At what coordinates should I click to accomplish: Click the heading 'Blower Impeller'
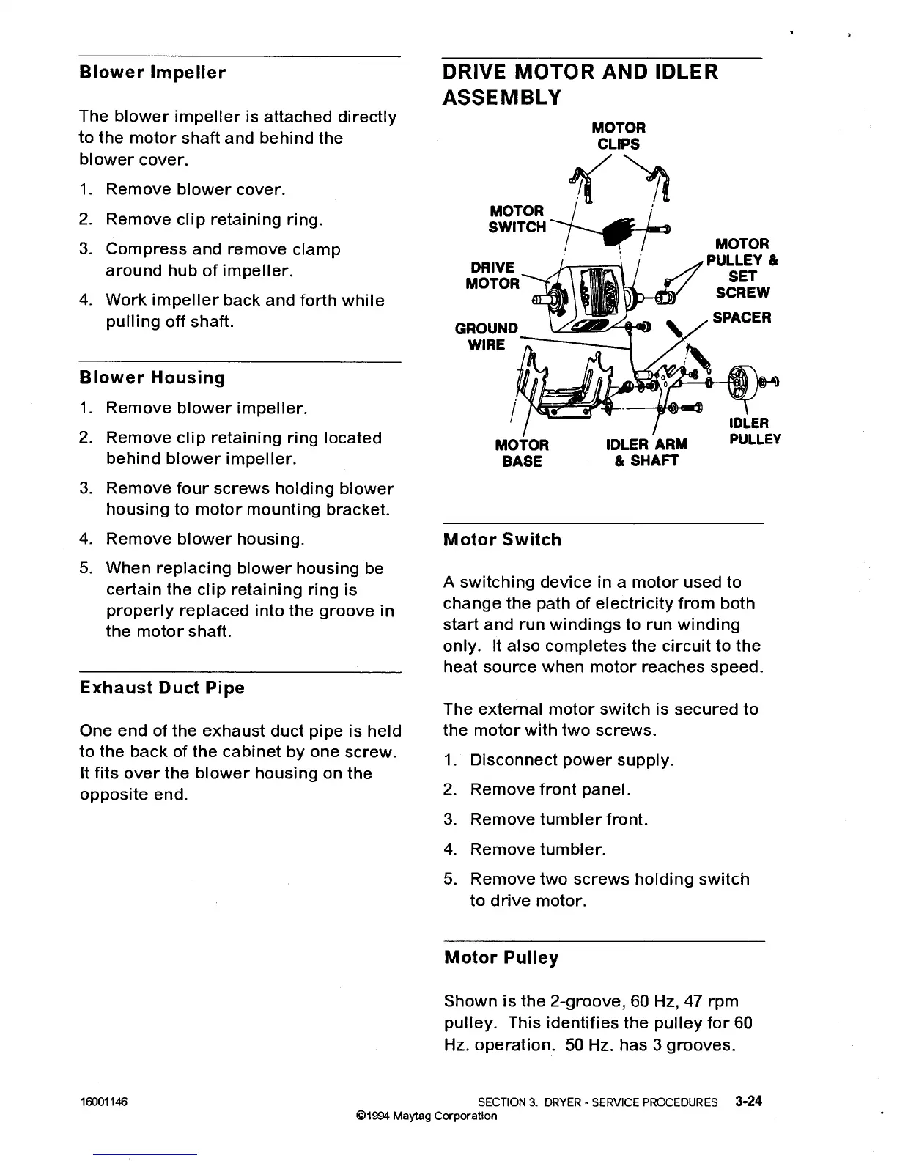pos(152,73)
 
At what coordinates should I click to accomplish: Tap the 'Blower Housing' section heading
pos(152,378)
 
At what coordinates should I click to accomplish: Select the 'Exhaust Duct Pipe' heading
pos(162,688)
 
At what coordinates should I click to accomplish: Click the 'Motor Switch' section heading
pos(503,540)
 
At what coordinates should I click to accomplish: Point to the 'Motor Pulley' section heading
pos(501,958)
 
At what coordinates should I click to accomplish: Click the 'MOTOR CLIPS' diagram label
pos(619,136)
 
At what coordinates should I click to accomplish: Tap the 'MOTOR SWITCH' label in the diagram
pos(517,219)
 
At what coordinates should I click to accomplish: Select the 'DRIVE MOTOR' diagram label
pos(492,275)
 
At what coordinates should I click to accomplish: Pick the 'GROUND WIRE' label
pos(487,336)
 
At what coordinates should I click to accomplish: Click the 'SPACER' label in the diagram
pos(742,317)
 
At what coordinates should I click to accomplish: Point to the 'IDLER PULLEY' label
pos(755,431)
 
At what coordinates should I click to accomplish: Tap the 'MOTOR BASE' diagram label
pos(522,453)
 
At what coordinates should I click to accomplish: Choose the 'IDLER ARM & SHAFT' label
pos(647,453)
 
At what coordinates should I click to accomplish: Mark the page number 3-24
pos(747,1101)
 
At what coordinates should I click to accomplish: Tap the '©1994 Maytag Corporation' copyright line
pos(426,1116)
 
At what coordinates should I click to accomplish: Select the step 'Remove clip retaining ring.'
pos(214,220)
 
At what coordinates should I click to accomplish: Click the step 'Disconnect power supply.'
pos(571,760)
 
